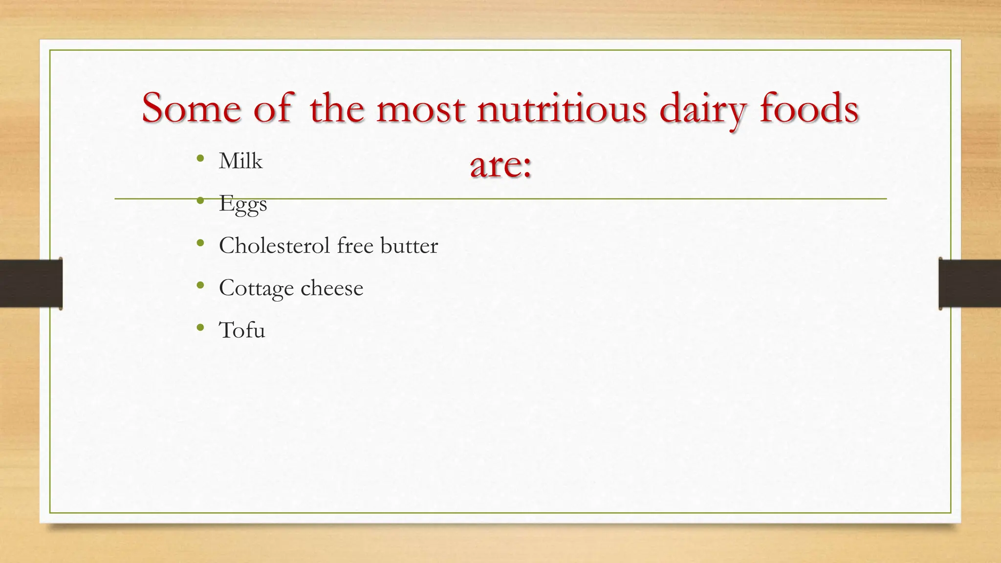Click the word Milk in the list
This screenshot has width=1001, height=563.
tap(240, 161)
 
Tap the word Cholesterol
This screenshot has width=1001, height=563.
tap(275, 245)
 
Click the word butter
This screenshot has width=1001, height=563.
tap(409, 245)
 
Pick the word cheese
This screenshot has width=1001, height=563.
tap(332, 288)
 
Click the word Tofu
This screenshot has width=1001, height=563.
tap(242, 330)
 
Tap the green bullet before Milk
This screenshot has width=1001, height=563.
tap(200, 158)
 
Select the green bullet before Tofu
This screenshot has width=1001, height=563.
tap(200, 327)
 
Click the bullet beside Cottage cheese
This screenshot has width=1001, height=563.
tap(200, 285)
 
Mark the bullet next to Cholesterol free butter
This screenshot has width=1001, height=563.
tap(200, 243)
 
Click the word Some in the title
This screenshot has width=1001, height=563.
tap(192, 108)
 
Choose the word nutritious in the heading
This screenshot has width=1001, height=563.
tap(562, 108)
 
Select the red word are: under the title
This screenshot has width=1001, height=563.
tap(500, 165)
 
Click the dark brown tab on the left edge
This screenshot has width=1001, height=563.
tap(30, 283)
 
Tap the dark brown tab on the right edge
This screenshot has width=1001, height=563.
tap(970, 283)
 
